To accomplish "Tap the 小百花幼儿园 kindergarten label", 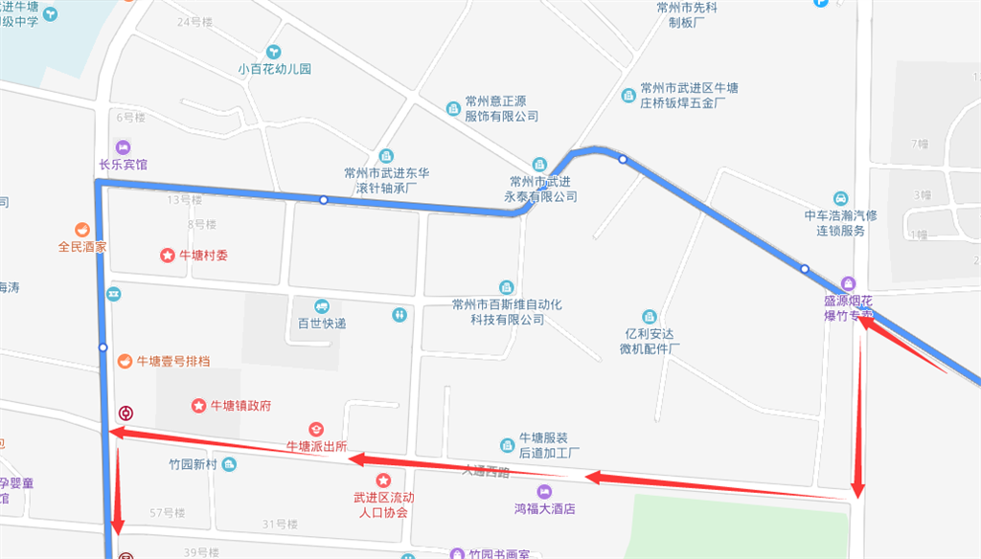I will (x=275, y=69).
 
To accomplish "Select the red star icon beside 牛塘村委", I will (x=167, y=256).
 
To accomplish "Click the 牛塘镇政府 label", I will (x=240, y=406).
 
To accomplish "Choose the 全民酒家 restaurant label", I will (x=82, y=246).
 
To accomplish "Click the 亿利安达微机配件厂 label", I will (x=650, y=342).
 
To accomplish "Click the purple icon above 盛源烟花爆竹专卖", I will (x=848, y=283).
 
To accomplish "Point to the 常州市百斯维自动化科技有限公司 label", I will (x=506, y=311).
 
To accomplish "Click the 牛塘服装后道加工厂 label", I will (x=549, y=445).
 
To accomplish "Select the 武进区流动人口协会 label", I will (x=383, y=504).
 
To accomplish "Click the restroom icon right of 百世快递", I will (x=399, y=314).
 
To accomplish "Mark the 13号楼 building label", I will (x=184, y=200).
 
